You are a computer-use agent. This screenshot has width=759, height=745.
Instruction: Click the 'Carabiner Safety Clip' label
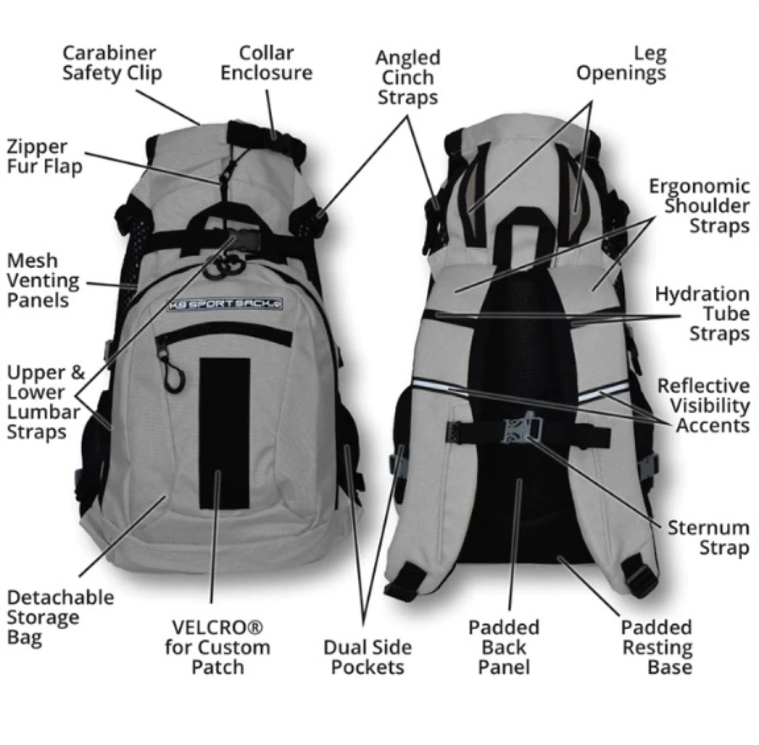[x=112, y=64]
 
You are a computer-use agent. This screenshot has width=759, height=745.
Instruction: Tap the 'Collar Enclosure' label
[x=266, y=63]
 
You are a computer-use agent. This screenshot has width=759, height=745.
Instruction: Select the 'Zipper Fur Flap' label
[x=44, y=157]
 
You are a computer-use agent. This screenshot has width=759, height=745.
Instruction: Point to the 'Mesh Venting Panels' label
[x=43, y=280]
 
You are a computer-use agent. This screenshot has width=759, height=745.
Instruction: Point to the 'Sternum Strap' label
[x=708, y=538]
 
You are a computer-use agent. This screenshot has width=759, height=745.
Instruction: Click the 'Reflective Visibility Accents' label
[x=704, y=406]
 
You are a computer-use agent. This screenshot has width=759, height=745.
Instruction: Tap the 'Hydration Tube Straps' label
[x=702, y=314]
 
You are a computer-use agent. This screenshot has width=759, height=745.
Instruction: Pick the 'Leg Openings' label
[x=621, y=63]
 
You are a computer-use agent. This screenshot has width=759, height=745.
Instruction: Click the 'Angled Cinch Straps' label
[x=407, y=78]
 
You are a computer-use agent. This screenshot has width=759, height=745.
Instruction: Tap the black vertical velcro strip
[x=225, y=433]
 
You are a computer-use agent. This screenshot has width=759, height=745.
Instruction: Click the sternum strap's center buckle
[x=521, y=428]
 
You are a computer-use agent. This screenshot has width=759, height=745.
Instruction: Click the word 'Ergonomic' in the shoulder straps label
[x=699, y=186]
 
